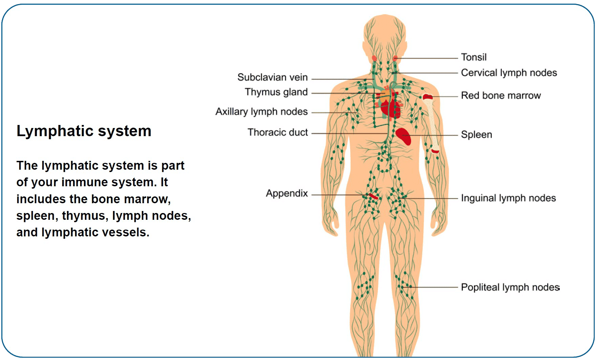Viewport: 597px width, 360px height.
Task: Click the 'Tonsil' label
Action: coord(473,57)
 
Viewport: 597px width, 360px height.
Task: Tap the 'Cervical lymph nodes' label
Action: coord(509,73)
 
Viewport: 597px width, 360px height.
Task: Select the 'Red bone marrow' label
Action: coord(500,96)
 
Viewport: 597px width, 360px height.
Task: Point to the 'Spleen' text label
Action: coord(476,135)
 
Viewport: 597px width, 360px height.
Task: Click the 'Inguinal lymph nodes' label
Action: coord(508,198)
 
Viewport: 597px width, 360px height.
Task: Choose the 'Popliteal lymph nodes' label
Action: coord(510,288)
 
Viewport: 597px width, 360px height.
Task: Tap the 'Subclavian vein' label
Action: coord(272,78)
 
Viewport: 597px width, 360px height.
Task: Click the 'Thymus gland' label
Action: coord(276,92)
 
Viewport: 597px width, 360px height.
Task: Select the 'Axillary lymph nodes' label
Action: coord(261,112)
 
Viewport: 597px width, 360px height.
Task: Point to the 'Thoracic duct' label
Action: coord(278,132)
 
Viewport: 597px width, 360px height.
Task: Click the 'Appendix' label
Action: coord(286,193)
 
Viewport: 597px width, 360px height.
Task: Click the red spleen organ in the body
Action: coord(404,136)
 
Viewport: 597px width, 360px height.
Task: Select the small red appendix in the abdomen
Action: coord(373,196)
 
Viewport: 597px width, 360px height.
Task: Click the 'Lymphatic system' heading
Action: coord(84,131)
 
